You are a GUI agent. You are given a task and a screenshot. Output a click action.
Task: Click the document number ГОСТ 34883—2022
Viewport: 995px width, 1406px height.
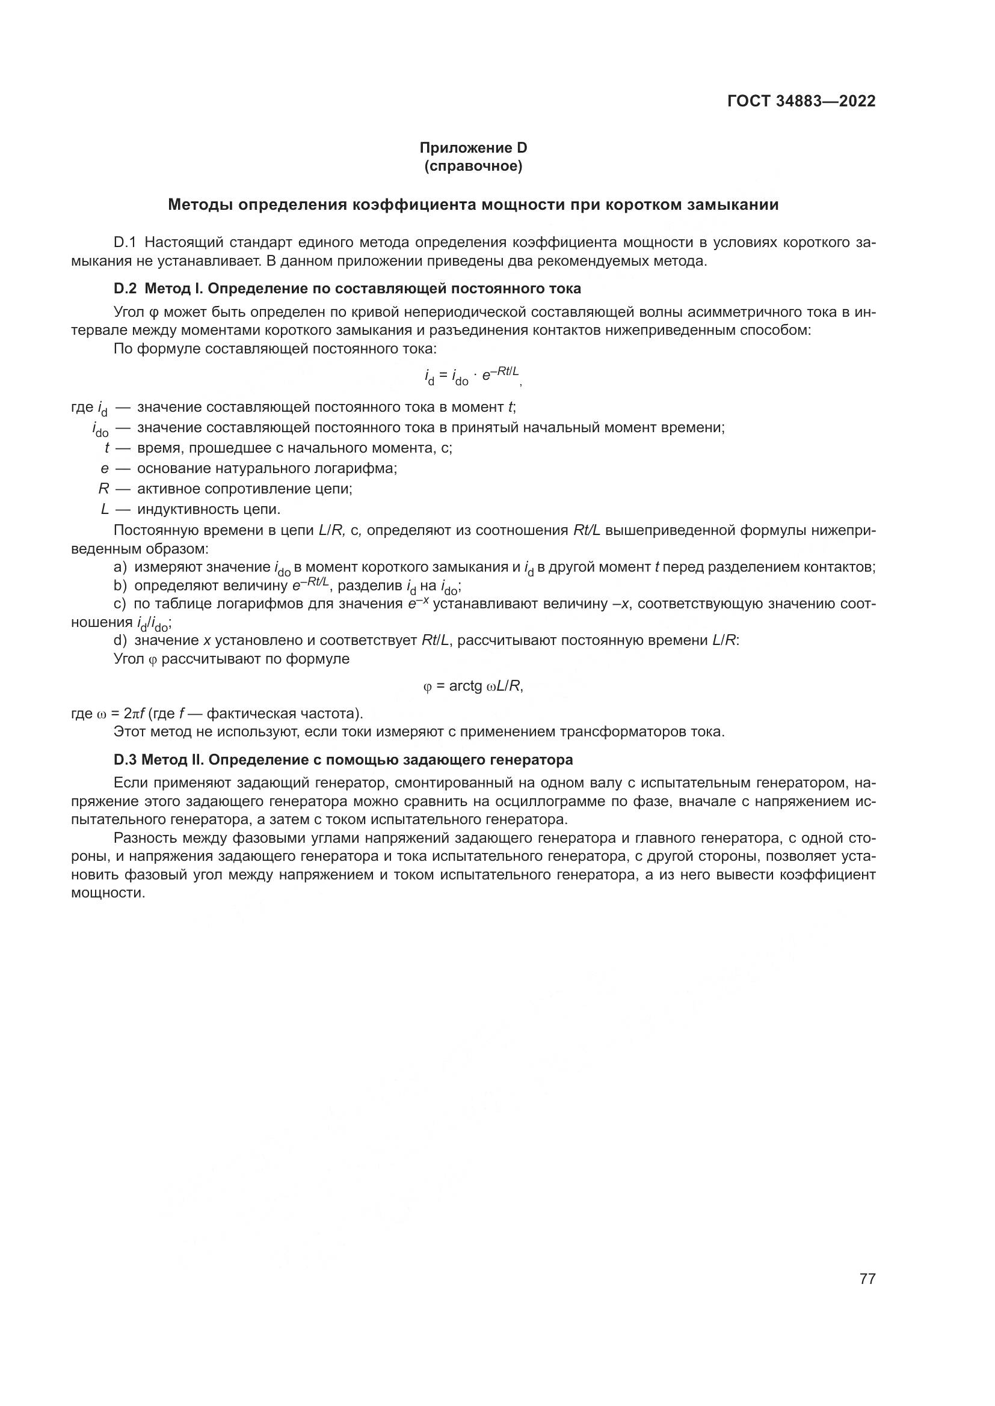tap(801, 102)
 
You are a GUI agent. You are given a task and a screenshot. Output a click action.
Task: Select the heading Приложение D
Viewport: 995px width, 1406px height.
tap(473, 148)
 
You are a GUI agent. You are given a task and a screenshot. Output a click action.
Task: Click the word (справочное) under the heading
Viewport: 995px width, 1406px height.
tap(473, 166)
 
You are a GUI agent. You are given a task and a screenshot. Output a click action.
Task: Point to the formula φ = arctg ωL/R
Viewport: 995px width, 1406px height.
tap(473, 686)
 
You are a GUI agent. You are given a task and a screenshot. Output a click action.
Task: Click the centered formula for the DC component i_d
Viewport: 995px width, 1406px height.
tap(472, 375)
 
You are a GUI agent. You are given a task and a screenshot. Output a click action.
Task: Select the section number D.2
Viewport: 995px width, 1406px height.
tap(126, 288)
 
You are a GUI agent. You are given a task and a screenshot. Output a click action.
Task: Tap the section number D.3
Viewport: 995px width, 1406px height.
tap(126, 760)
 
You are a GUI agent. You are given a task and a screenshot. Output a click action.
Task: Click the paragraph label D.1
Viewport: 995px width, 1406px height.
tap(126, 242)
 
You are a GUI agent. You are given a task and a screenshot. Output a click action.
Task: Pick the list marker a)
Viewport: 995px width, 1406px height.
tap(120, 567)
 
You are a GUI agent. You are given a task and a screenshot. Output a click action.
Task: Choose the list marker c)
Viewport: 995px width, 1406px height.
tap(120, 604)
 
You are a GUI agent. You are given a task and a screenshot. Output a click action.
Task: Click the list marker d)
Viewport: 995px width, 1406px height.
tap(120, 641)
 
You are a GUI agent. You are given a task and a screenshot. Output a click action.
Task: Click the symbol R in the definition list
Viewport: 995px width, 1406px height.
tap(103, 489)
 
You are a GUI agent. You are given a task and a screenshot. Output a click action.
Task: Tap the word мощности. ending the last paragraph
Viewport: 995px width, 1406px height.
tap(108, 893)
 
